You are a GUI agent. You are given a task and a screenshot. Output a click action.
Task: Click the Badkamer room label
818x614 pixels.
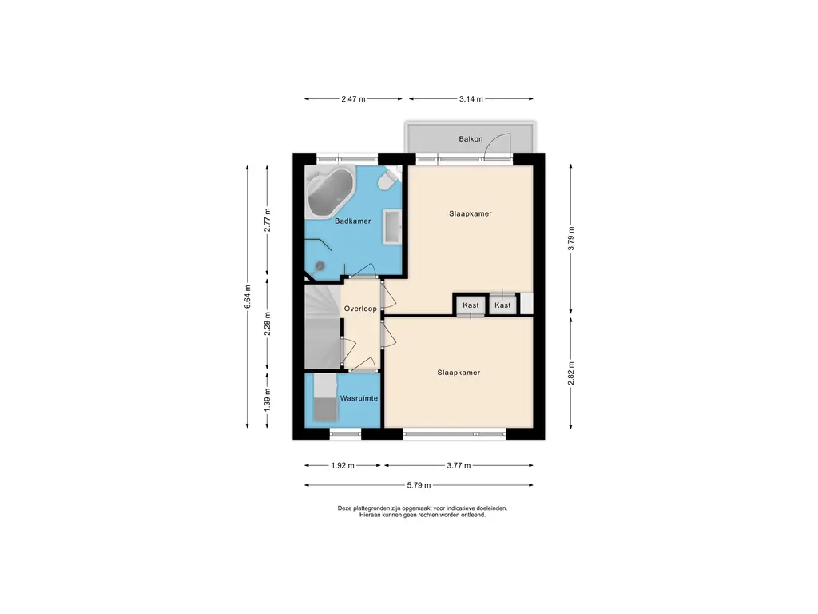point(352,221)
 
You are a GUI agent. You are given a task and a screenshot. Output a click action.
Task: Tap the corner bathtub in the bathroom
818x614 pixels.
point(330,192)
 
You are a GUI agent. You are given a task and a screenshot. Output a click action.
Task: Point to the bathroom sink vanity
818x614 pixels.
point(392,226)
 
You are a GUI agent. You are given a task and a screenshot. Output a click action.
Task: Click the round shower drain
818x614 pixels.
point(320,266)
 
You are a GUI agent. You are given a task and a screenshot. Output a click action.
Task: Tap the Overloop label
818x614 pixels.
point(360,309)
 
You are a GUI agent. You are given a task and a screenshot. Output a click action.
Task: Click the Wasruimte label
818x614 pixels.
point(359,398)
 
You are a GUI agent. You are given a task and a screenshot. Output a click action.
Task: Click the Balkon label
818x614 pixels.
point(471,139)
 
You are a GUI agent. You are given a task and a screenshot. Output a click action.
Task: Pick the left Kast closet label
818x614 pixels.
point(471,305)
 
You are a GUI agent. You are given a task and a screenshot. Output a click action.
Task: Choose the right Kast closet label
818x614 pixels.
point(503,305)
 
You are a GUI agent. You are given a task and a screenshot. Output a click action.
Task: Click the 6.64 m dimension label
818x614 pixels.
point(248,297)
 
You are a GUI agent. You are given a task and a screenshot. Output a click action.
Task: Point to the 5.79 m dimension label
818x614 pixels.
point(419,485)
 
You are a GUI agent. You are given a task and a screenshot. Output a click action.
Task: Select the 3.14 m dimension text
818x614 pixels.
point(471,98)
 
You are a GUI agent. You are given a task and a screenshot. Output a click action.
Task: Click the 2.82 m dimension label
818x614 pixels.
point(570,373)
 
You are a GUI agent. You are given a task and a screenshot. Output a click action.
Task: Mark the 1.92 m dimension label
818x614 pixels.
point(343,465)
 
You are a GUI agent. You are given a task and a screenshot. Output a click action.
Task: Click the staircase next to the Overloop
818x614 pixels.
point(323,327)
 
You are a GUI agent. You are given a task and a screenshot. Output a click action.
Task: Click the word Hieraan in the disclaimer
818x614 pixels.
point(370,515)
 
